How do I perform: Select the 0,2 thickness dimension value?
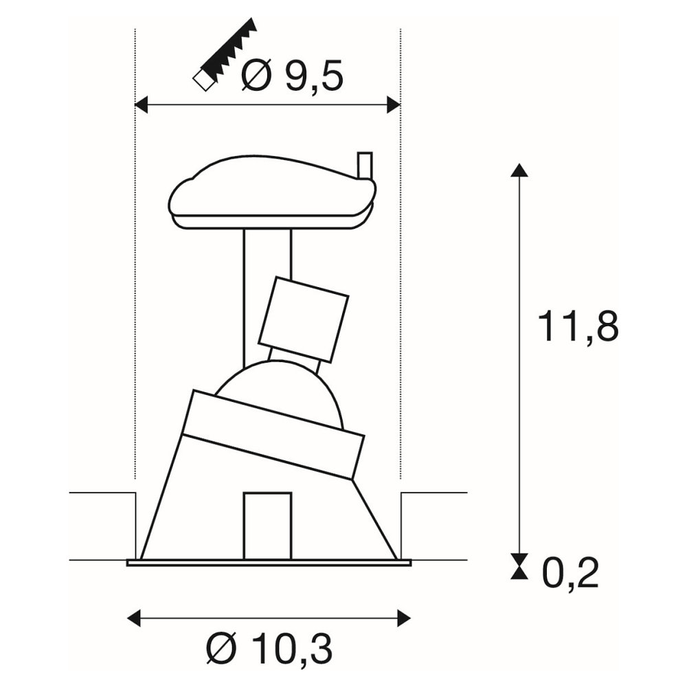(x=570, y=574)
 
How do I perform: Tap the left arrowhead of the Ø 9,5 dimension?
(x=141, y=105)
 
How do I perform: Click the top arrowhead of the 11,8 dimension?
(x=519, y=170)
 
